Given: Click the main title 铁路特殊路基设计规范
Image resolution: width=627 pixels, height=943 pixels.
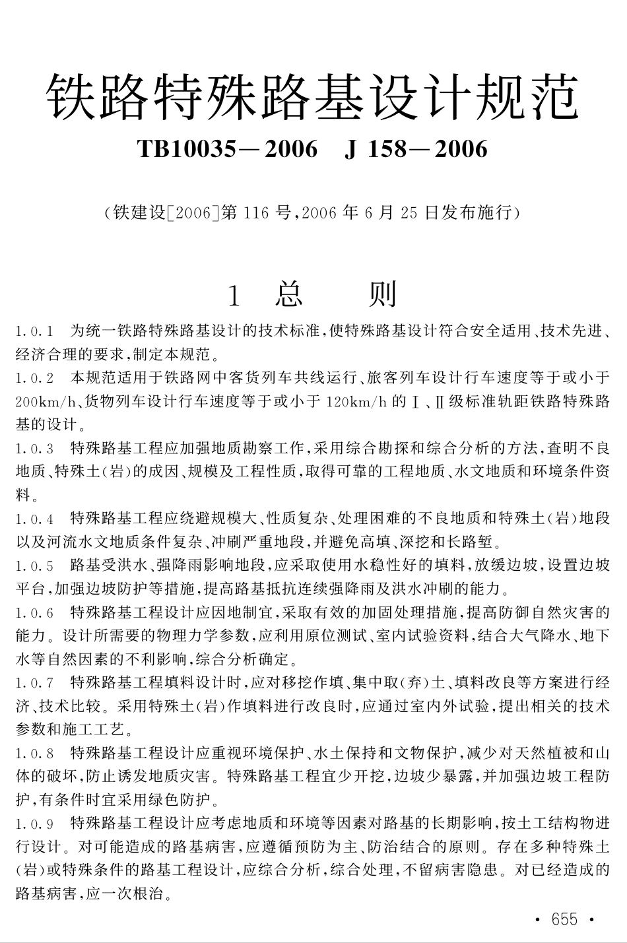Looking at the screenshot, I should coord(313,97).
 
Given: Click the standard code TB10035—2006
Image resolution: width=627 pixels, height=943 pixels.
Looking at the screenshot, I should coord(228,149).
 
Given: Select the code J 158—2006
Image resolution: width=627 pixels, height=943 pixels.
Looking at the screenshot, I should coord(416,149).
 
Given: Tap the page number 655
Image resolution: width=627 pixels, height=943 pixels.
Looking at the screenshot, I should coord(564,920).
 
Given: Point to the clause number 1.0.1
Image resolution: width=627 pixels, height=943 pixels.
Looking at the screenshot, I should coord(34,330).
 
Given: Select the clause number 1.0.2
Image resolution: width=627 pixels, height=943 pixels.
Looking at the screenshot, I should coord(34,377).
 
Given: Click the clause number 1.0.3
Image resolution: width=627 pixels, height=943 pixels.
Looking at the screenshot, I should coord(34,449).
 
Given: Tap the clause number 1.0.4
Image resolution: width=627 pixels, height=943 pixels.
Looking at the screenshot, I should coord(34,519).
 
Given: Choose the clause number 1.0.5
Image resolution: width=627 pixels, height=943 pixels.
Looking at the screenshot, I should coord(34,566).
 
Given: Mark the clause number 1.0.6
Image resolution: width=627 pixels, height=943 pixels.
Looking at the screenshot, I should coord(34,613).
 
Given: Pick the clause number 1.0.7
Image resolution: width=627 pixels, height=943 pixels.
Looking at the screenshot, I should coord(34,683).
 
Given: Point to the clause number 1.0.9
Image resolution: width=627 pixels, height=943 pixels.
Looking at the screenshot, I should coord(34,824).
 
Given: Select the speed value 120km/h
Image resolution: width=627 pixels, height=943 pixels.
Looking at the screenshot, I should coord(356,401).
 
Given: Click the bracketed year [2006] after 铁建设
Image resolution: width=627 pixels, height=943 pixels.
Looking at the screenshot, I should coord(194,213).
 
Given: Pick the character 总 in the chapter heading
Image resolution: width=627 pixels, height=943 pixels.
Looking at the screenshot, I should coord(289,295).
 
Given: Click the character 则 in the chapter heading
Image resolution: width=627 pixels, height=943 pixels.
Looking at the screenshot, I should coord(383,295).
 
